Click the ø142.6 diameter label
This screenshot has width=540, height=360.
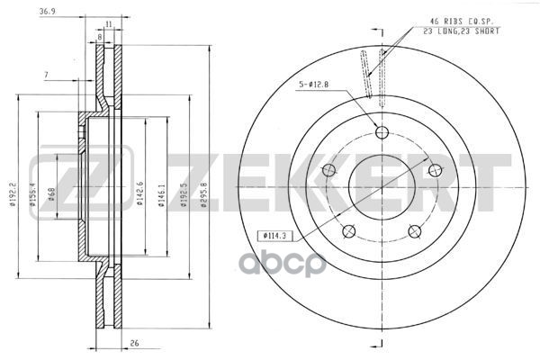pos(140,191)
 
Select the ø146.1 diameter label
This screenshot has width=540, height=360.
pos(162,191)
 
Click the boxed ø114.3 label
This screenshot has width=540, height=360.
pos(275,235)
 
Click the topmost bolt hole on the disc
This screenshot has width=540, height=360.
pos(381,133)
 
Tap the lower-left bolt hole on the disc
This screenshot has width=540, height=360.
pos(348,230)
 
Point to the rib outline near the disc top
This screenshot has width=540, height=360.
pos(370,71)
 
